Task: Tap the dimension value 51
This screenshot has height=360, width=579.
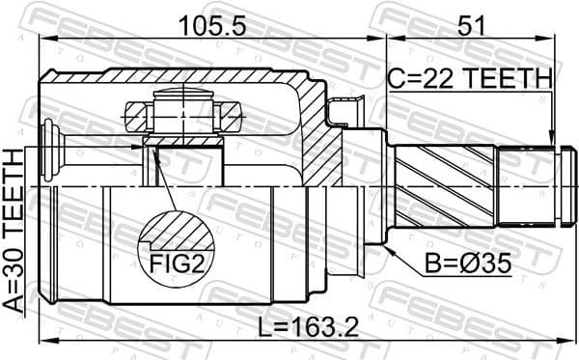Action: coord(470,26)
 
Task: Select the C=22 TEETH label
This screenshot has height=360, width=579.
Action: coord(470,77)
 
